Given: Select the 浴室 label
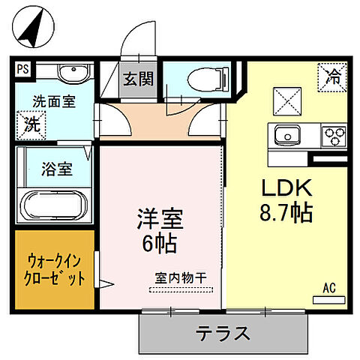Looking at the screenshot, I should (x=56, y=169).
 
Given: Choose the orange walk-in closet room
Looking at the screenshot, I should (x=54, y=270).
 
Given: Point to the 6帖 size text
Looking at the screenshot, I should (x=159, y=244).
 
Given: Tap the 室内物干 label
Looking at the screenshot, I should (x=181, y=277).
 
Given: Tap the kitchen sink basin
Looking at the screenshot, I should (x=287, y=136).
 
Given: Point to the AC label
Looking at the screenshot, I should (x=328, y=287).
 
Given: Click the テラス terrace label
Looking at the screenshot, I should (x=223, y=332).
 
